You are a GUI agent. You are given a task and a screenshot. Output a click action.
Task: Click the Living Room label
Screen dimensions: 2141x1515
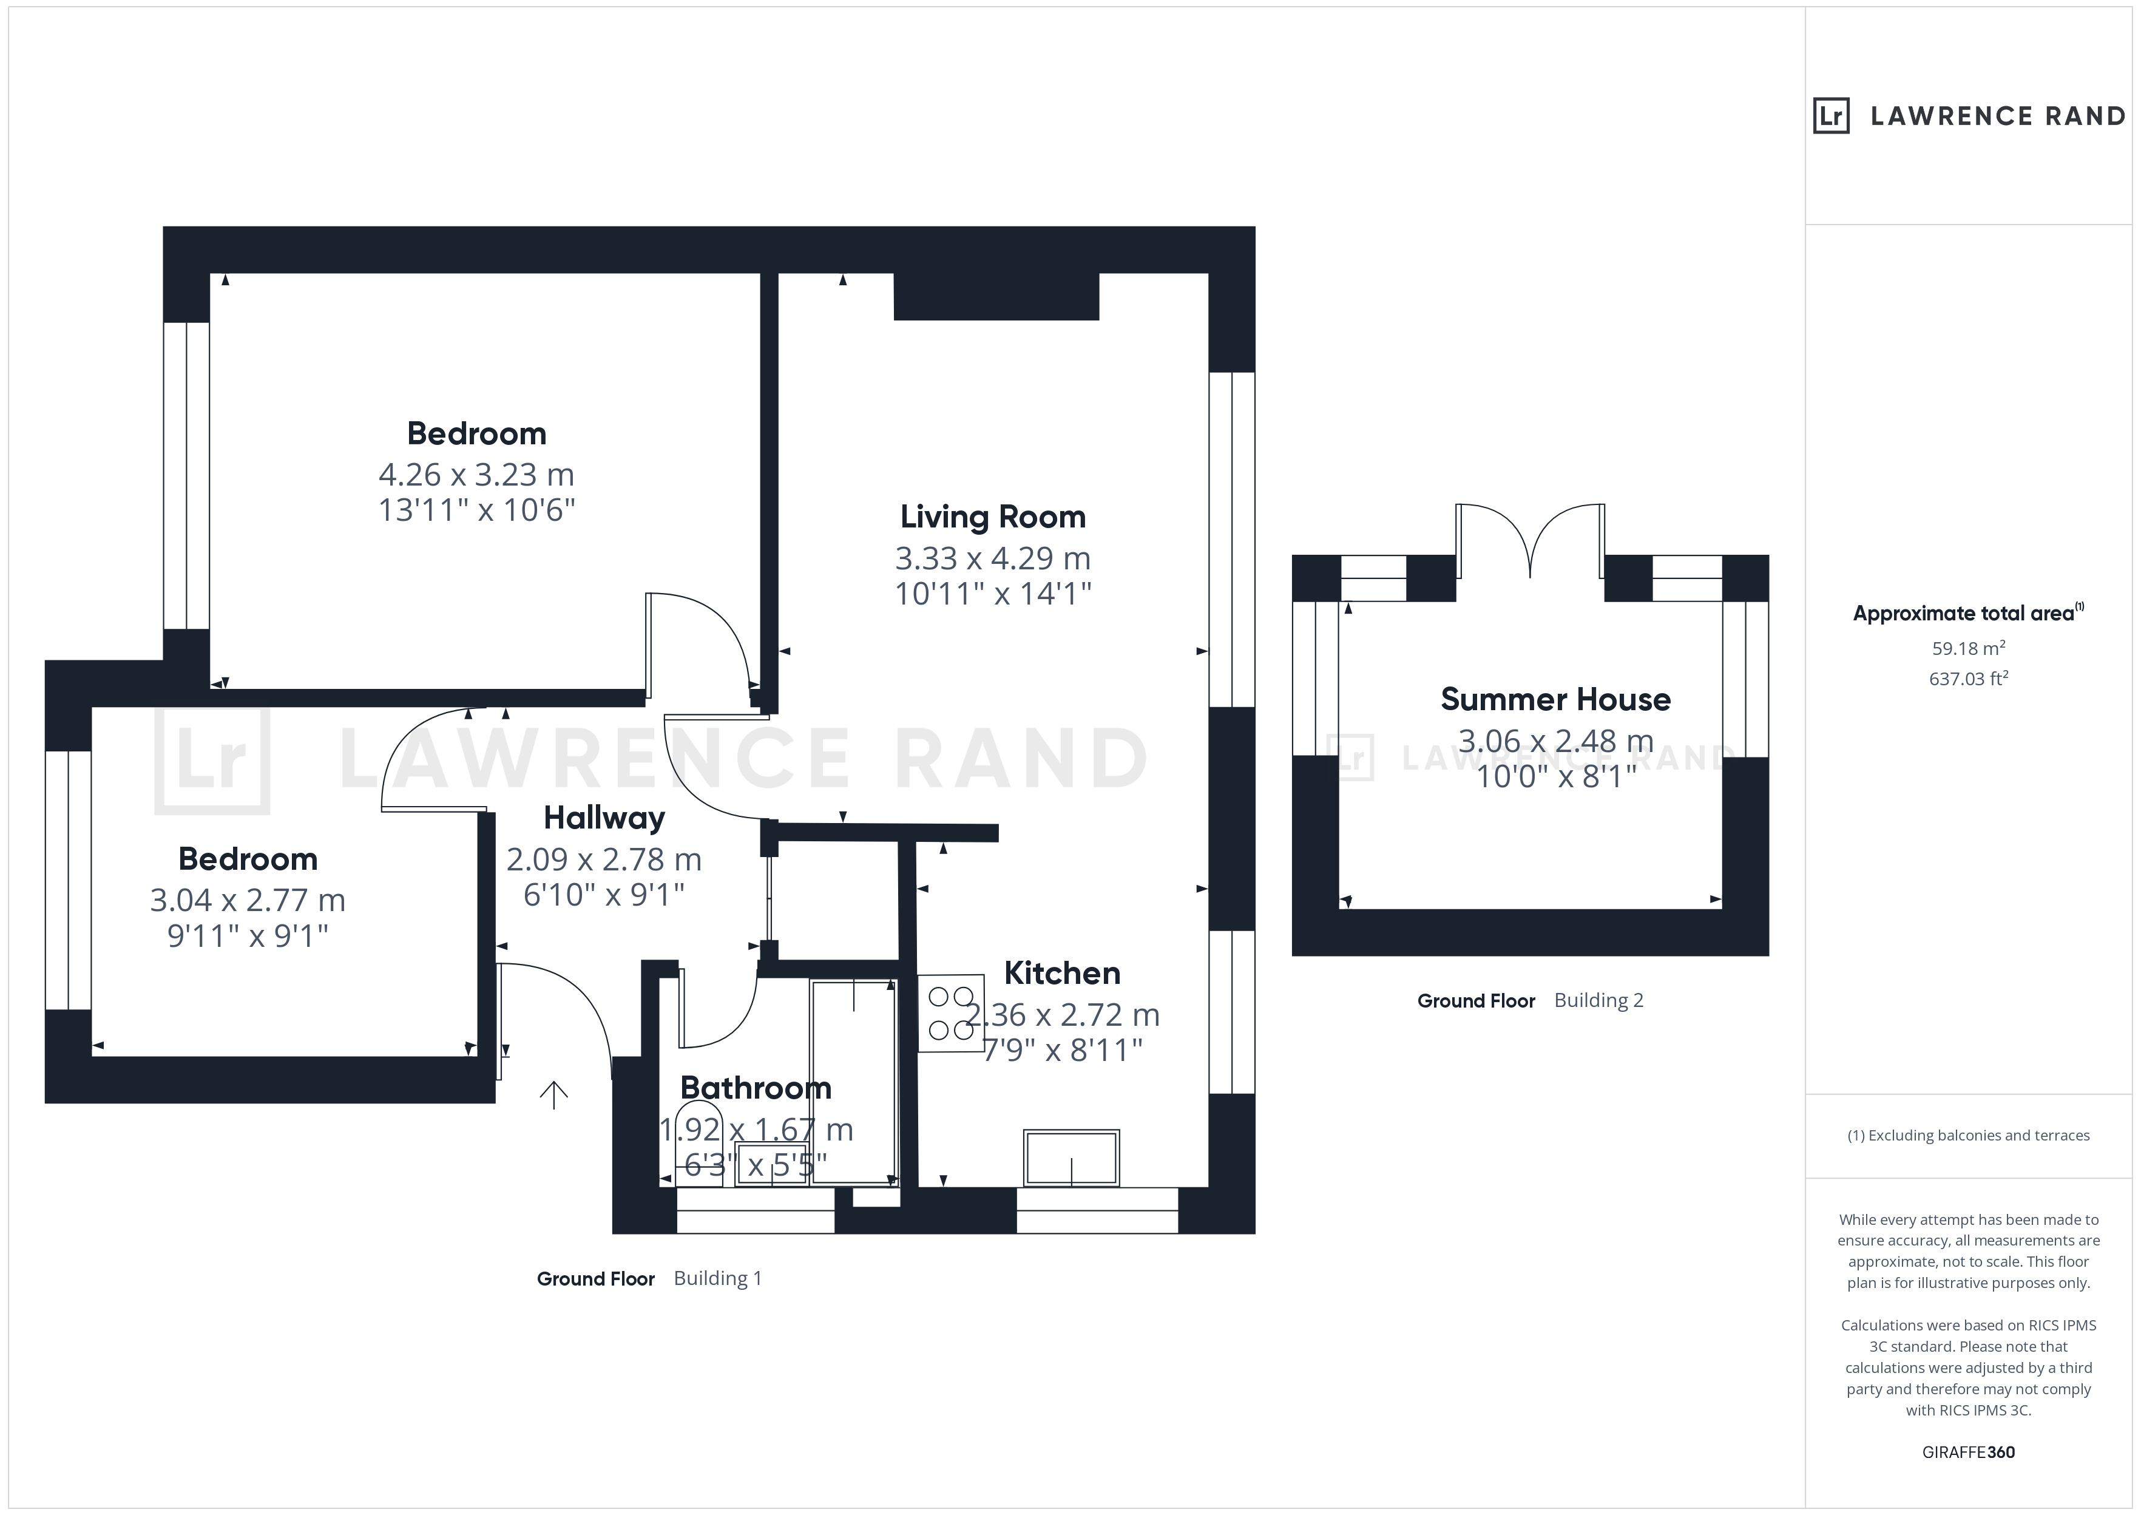(x=992, y=517)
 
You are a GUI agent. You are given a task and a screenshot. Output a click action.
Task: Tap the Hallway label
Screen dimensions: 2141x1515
(x=604, y=818)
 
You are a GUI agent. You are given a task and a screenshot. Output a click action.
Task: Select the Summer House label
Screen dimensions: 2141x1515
(x=1555, y=700)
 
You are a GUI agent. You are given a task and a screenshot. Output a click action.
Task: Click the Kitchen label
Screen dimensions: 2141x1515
(x=1062, y=973)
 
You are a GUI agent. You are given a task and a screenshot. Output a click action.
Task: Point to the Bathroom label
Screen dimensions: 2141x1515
(x=756, y=1088)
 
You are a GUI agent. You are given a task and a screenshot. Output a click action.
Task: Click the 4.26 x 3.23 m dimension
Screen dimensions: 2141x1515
(x=476, y=475)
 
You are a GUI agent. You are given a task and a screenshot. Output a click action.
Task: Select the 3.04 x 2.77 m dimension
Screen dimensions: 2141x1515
(x=248, y=900)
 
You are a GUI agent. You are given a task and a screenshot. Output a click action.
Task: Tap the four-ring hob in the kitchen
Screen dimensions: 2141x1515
(x=951, y=1013)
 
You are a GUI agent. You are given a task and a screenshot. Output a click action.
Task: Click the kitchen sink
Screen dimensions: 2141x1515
(x=1072, y=1157)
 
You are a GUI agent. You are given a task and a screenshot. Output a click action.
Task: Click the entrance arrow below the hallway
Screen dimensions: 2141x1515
(x=554, y=1095)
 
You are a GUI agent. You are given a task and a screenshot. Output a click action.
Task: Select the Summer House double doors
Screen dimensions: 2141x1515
(x=1530, y=541)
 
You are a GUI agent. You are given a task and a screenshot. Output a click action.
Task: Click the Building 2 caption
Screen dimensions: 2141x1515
(x=1598, y=1000)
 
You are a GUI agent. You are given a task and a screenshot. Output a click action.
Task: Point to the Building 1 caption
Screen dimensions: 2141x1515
(x=718, y=1278)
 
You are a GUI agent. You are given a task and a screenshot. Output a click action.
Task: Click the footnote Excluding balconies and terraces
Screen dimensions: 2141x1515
(x=1969, y=1135)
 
